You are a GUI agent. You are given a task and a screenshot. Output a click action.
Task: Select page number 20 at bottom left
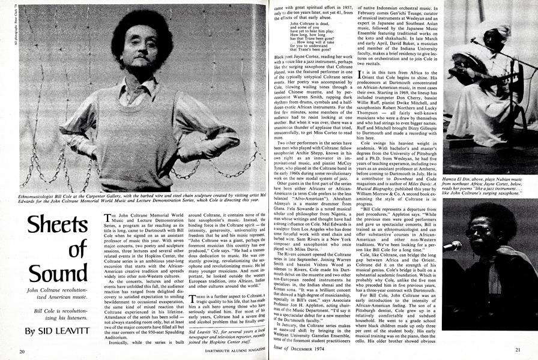coord(22,351)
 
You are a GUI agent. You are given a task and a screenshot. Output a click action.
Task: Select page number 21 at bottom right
coord(518,351)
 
